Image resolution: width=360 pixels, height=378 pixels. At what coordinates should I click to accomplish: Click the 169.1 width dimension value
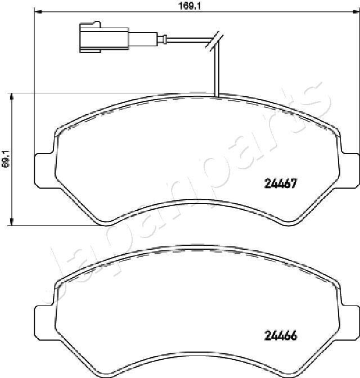pos(190,6)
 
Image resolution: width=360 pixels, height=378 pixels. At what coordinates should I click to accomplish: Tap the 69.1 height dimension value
pos(5,159)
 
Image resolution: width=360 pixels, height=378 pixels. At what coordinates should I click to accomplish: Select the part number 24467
pos(280,183)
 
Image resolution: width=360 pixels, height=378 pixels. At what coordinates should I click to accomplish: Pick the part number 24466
pos(281,336)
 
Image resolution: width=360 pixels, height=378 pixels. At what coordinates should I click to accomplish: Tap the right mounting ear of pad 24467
pos(350,170)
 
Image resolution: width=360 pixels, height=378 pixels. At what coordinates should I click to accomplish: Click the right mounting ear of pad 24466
pos(350,322)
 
